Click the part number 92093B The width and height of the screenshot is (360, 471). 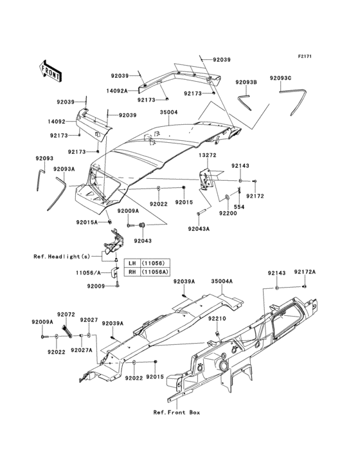[x=246, y=82]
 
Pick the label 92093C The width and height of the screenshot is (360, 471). [x=281, y=78]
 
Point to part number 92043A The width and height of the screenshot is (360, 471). [x=199, y=228]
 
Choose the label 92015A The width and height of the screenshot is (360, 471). [x=87, y=222]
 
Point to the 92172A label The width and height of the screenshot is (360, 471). [x=305, y=273]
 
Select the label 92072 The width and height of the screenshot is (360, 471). [x=66, y=314]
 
